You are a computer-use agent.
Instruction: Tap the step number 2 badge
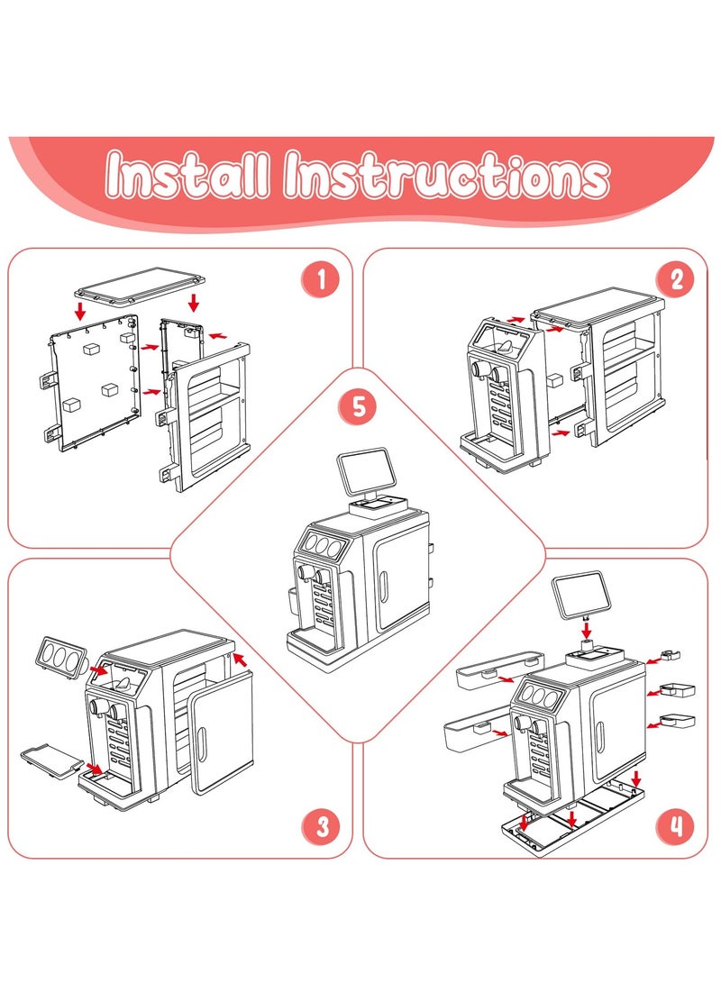coord(676,279)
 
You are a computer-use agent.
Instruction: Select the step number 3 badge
coord(321,825)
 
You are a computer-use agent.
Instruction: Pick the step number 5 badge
coord(359,406)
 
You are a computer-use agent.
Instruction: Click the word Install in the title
coord(187,175)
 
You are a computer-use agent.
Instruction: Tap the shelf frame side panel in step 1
coord(207,419)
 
